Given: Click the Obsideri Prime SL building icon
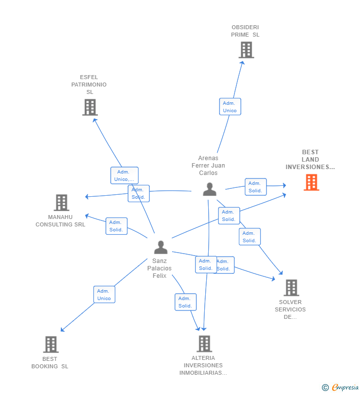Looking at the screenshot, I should click(x=246, y=50).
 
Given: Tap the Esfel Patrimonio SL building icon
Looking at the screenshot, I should click(x=90, y=107).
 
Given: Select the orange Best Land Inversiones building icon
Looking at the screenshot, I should click(x=311, y=182).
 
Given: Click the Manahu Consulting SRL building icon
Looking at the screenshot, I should click(x=61, y=203).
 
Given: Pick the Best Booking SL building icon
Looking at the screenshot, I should click(x=50, y=345).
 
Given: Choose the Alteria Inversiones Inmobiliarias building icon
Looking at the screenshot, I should click(x=204, y=344).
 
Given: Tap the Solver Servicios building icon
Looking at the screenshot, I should click(x=291, y=288).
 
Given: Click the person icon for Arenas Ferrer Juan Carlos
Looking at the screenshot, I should click(x=210, y=189).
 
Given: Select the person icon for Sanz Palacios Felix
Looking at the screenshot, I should click(x=160, y=247).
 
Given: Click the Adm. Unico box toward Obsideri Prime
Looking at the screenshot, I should click(x=230, y=107).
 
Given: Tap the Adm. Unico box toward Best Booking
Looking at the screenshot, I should click(x=104, y=295).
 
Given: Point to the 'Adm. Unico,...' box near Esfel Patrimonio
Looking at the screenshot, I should click(x=124, y=175).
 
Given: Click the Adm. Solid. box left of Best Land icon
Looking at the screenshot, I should click(x=256, y=187).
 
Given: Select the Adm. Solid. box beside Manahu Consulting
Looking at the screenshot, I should click(x=116, y=226).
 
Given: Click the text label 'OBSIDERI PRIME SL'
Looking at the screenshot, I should click(x=245, y=31).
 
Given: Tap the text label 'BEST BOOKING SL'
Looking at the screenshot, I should click(x=50, y=363).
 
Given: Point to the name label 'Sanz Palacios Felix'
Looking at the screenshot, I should click(x=159, y=268).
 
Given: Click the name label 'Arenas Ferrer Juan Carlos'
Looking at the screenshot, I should click(x=208, y=166).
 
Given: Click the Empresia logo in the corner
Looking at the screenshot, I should click(x=341, y=388).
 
